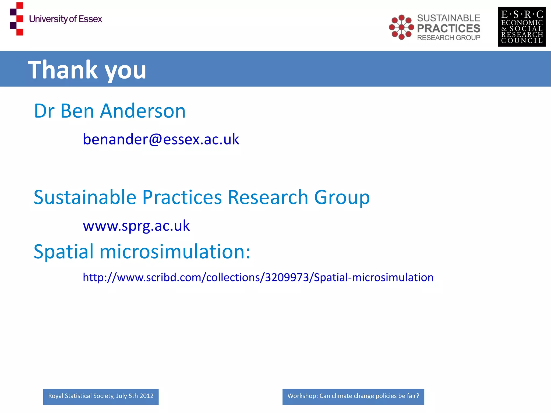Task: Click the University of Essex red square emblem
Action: click(17, 19)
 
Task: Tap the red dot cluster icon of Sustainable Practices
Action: click(401, 27)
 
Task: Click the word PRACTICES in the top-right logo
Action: click(448, 28)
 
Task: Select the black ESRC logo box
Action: click(521, 27)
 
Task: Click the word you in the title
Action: click(125, 70)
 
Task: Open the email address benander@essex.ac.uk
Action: click(161, 139)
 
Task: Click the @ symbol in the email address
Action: click(155, 139)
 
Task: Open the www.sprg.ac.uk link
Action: click(136, 225)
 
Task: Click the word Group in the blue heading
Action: click(342, 197)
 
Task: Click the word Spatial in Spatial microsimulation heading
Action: click(63, 252)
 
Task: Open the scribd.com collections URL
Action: click(258, 277)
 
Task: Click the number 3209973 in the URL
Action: click(287, 277)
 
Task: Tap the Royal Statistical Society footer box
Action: click(101, 396)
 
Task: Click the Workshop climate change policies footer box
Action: click(353, 396)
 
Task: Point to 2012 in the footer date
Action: click(147, 396)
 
